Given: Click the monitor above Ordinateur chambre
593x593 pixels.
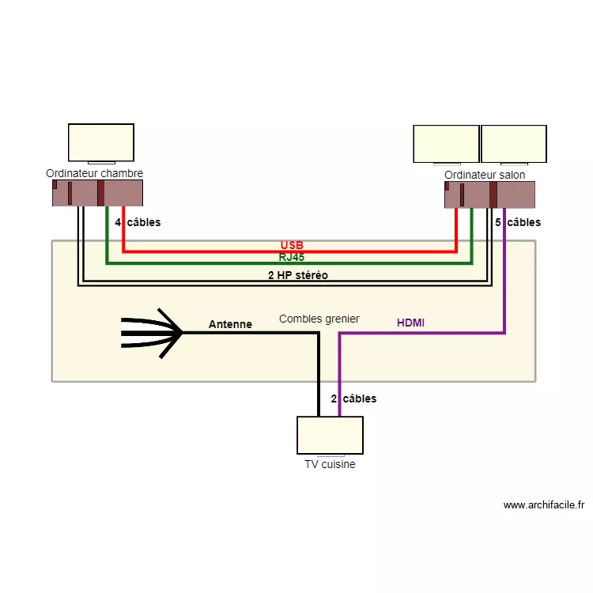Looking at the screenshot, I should [100, 143].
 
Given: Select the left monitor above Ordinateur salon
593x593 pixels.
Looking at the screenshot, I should [446, 144].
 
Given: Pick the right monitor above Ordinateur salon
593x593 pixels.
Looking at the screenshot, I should [514, 144].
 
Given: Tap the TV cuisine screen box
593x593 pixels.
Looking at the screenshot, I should [330, 435].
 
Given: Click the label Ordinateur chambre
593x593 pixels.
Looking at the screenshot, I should [94, 173].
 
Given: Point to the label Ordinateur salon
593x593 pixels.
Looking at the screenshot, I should [485, 175].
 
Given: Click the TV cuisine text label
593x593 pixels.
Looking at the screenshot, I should [330, 464].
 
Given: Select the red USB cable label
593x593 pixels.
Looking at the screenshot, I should [292, 245].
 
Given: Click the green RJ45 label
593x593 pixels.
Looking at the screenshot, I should [292, 257].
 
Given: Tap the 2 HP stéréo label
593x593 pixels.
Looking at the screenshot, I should [298, 275].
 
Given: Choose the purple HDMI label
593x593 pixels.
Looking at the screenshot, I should [410, 323].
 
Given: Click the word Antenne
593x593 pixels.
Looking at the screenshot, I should [230, 324].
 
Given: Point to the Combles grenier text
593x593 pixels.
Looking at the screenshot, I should [319, 319].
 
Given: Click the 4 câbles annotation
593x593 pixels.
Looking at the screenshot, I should [138, 222].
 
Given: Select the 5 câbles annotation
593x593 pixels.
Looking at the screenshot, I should [518, 222].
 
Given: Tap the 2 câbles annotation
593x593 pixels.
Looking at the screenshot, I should [353, 398].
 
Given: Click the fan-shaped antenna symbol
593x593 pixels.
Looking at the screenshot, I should [153, 333].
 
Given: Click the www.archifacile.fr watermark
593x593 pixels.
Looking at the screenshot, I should [543, 505].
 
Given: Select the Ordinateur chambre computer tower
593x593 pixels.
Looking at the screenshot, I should [97, 193].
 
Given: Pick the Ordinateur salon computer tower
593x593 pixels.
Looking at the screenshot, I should [489, 195].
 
